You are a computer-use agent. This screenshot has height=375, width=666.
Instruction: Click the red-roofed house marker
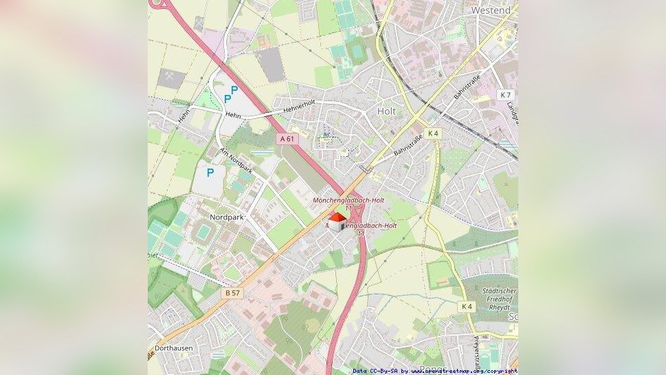(337, 222)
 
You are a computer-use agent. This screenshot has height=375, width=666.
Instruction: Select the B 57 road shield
(232, 292)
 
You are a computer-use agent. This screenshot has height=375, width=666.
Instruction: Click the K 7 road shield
(506, 94)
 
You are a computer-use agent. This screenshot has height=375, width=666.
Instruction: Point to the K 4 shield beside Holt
(432, 133)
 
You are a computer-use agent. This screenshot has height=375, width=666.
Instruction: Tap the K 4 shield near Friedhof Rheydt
(467, 306)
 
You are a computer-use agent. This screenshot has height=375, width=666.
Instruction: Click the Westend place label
(491, 10)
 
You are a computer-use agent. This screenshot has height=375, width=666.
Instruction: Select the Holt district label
(386, 110)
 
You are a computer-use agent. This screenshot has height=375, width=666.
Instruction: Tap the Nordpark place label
(226, 217)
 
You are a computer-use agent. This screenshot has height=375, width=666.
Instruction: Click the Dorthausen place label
(173, 348)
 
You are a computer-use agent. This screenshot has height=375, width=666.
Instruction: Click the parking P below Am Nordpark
(210, 173)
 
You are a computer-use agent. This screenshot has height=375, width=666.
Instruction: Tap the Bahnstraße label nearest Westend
(466, 86)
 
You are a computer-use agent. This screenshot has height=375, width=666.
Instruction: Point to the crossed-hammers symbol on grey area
(170, 78)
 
